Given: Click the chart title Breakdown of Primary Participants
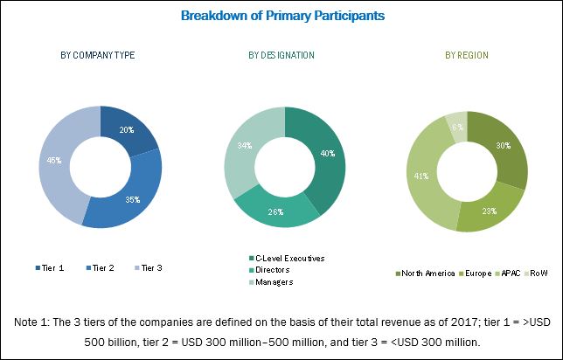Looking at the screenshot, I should pyautogui.click(x=281, y=16).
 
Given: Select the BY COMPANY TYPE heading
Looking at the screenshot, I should pyautogui.click(x=97, y=55).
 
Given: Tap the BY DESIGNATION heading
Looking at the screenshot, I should pyautogui.click(x=281, y=55).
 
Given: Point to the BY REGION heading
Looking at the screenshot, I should pyautogui.click(x=466, y=55).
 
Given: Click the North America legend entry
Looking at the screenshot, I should pyautogui.click(x=426, y=273).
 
